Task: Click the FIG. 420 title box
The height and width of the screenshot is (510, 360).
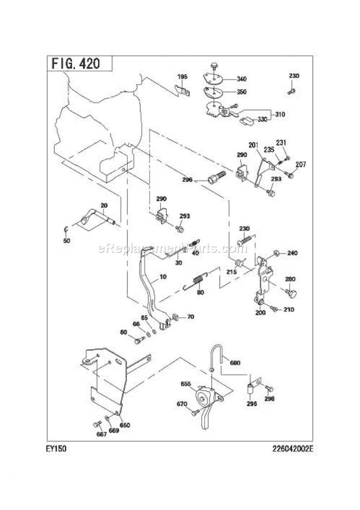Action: pyautogui.click(x=79, y=63)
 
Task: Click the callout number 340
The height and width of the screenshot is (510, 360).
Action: pyautogui.click(x=242, y=79)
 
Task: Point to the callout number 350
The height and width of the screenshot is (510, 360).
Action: pyautogui.click(x=242, y=92)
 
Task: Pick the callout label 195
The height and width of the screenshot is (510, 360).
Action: pyautogui.click(x=182, y=77)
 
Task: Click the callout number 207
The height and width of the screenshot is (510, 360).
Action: pyautogui.click(x=300, y=165)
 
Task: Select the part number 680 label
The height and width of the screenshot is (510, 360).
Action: pyautogui.click(x=235, y=363)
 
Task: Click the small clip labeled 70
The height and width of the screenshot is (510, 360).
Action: pyautogui.click(x=175, y=317)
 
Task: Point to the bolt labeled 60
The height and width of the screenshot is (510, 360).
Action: pyautogui.click(x=139, y=340)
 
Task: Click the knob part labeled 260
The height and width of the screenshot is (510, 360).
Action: pyautogui.click(x=291, y=292)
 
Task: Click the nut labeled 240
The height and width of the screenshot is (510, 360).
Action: pyautogui.click(x=277, y=253)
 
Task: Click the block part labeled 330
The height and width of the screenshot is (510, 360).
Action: pyautogui.click(x=247, y=121)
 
